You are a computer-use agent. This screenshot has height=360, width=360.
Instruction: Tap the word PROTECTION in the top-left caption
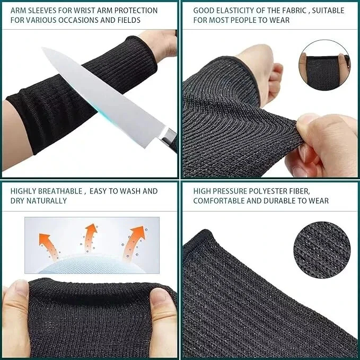[x=136, y=11]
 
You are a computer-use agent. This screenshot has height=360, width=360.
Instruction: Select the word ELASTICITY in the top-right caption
[x=240, y=11]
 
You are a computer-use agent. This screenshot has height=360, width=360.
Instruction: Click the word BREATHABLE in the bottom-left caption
[x=60, y=191]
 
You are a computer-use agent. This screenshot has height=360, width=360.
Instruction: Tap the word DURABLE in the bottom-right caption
[x=279, y=201]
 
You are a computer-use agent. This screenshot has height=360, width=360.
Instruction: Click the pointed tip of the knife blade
[x=42, y=48]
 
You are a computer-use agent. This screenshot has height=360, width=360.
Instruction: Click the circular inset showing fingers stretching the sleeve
[x=324, y=65]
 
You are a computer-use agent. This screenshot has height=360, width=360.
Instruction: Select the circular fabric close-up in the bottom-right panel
[x=322, y=250]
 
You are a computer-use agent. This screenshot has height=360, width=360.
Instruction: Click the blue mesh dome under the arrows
[x=92, y=264]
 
